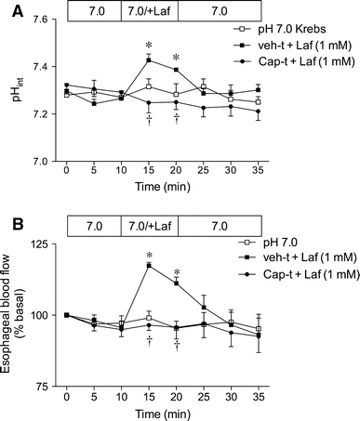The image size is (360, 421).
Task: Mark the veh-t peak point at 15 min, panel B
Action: (x=148, y=265)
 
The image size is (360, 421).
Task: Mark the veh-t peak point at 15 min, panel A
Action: (x=148, y=60)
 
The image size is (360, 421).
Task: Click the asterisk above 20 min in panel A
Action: (x=176, y=57)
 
